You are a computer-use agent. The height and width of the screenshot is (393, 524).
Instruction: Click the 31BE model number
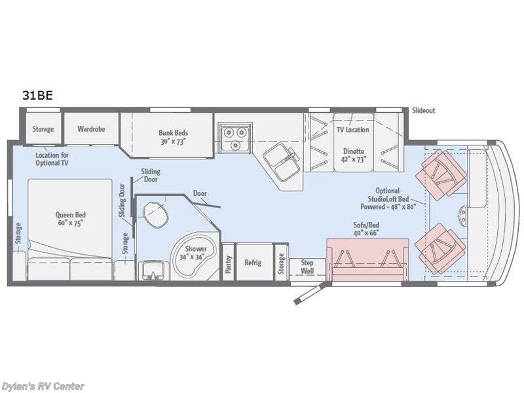point(37,95)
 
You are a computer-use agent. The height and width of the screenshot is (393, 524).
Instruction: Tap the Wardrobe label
point(91,129)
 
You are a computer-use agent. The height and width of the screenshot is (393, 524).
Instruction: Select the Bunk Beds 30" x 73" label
point(173,137)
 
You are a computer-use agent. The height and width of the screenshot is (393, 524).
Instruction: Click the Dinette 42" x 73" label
point(354,155)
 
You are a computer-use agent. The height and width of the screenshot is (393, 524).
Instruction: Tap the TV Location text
point(352,130)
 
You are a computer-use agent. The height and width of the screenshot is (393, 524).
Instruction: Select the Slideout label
point(423,111)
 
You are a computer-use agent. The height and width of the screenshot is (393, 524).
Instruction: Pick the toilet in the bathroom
point(155,214)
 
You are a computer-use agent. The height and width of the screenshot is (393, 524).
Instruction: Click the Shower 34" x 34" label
point(196,253)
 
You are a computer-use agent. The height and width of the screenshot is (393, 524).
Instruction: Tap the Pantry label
point(228,263)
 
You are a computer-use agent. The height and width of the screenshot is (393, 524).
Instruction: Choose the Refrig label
point(253,263)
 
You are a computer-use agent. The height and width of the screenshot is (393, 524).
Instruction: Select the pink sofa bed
point(367,259)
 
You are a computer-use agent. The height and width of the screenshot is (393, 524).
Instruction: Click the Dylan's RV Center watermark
point(43,386)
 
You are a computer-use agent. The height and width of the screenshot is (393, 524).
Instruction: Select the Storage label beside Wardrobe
point(43,129)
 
